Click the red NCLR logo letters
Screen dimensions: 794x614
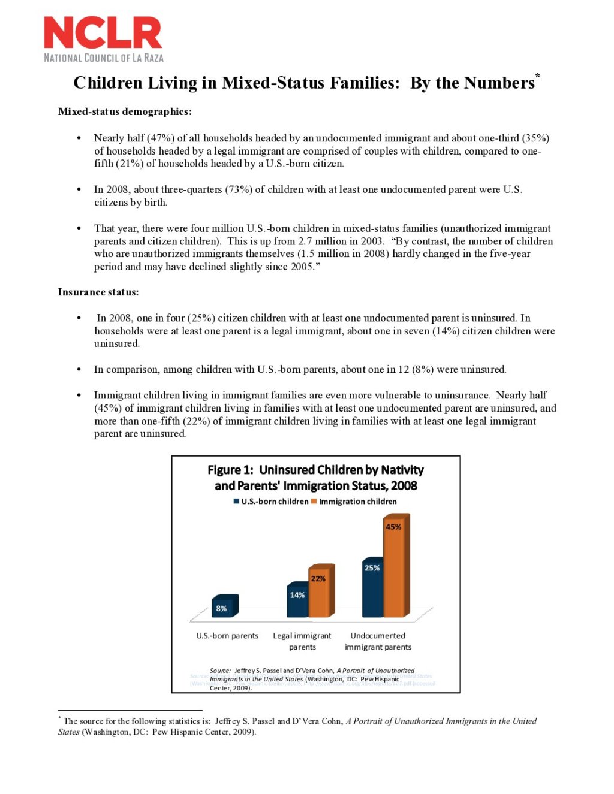coord(103,33)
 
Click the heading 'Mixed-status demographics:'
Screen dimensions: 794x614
coord(125,111)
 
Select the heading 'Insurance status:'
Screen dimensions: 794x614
coord(98,292)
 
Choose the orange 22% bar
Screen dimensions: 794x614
coord(319,592)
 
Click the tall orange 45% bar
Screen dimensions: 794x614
coord(394,566)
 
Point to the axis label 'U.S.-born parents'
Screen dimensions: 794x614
coord(227,636)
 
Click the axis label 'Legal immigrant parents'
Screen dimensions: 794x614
coord(302,641)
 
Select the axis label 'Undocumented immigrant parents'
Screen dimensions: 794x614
coord(378,641)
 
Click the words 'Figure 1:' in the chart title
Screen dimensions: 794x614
coord(230,470)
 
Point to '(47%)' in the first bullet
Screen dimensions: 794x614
coord(160,138)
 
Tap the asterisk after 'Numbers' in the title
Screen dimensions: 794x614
coord(538,76)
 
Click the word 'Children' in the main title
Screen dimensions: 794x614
coord(109,83)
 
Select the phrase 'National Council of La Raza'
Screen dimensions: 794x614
coord(104,58)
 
